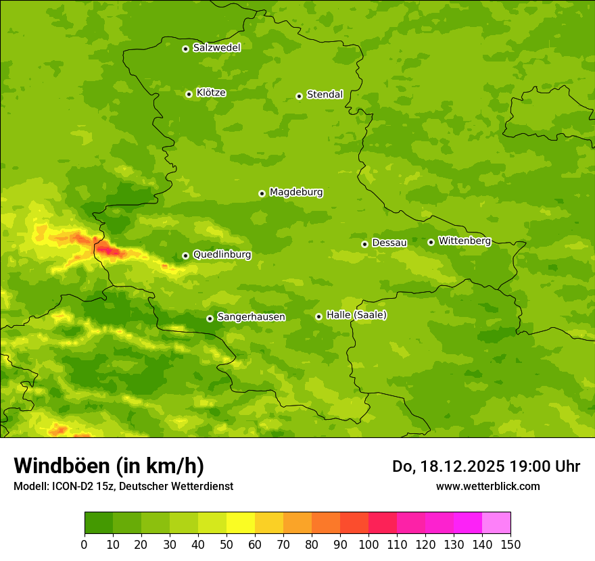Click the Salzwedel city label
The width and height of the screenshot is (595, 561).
click(216, 48)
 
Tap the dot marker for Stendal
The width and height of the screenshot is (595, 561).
click(300, 96)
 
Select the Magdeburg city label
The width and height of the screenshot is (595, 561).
click(296, 193)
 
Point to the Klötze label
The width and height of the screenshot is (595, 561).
click(211, 93)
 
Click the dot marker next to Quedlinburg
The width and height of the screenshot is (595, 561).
click(186, 255)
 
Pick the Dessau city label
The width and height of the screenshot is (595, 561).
click(389, 243)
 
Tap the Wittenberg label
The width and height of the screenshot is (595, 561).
click(465, 241)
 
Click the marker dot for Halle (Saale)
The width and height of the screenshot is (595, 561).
click(319, 316)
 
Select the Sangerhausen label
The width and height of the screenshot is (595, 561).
click(251, 317)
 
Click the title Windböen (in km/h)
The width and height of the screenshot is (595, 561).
click(109, 466)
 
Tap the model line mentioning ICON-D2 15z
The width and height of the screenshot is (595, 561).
click(123, 486)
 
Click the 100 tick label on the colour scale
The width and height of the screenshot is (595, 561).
click(368, 544)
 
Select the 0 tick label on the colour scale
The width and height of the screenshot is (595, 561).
click(85, 544)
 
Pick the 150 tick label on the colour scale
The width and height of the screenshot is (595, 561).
click(510, 544)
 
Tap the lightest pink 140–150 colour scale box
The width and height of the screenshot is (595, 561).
click(496, 523)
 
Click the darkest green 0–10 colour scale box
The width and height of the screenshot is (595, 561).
click(99, 523)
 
